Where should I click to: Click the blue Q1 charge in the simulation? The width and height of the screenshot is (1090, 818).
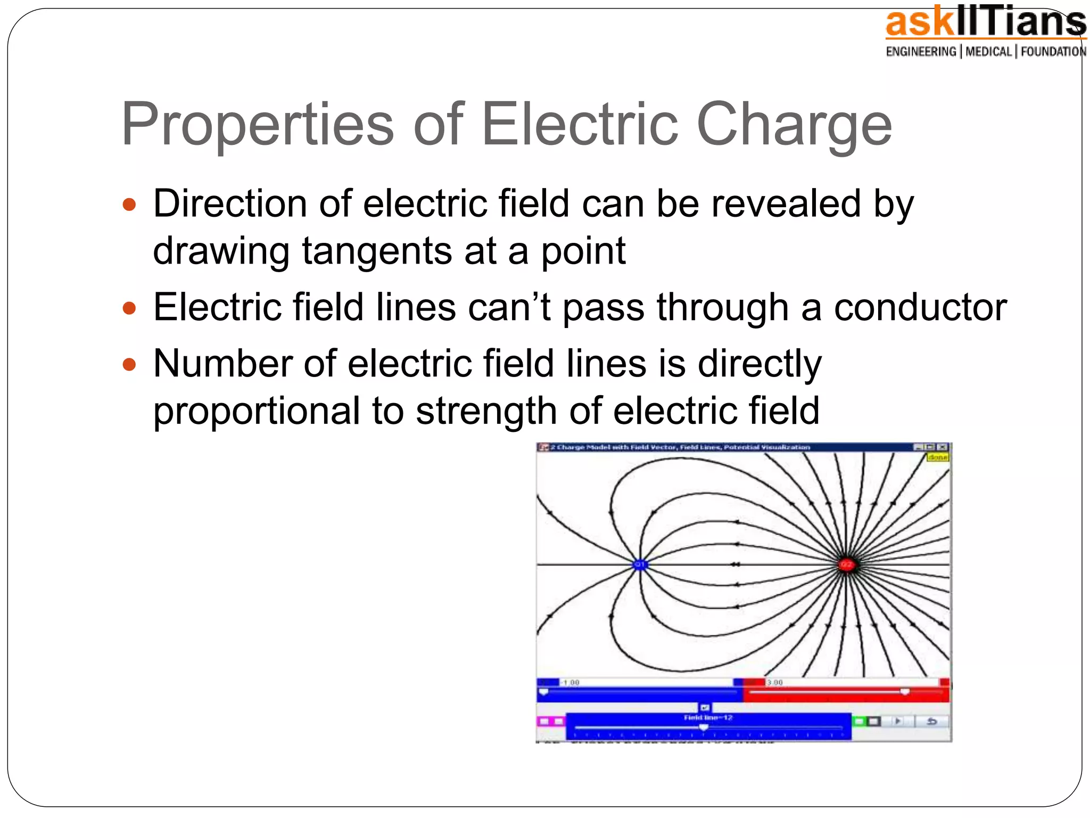(640, 565)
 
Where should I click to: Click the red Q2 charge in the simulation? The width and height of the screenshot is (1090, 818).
(846, 565)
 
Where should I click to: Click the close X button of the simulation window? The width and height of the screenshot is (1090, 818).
(943, 447)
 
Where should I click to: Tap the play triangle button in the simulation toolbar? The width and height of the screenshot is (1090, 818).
(898, 721)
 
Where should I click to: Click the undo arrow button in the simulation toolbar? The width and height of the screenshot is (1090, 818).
(932, 721)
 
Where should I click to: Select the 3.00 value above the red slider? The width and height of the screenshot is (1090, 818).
(775, 682)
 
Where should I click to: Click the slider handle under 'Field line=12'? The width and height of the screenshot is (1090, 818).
(704, 727)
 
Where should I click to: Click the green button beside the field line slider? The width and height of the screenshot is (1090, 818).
(859, 721)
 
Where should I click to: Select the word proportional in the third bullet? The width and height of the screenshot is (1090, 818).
(257, 411)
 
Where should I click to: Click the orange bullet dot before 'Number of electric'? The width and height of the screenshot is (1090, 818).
(129, 365)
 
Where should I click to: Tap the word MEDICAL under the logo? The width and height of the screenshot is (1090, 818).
(988, 52)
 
